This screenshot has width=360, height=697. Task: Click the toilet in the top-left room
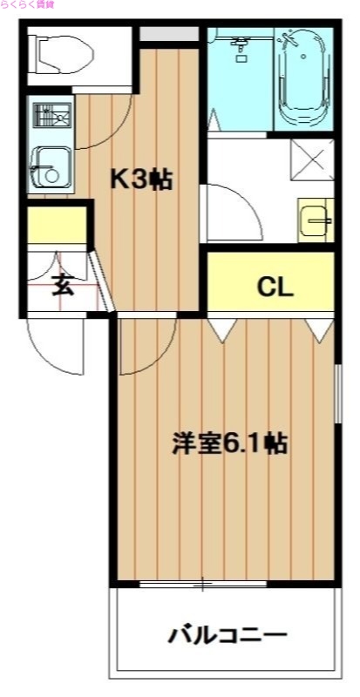pos(62,56)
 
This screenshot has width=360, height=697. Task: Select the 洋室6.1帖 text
pos(229,443)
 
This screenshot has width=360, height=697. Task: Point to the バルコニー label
pos(228,633)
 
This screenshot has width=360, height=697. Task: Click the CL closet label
pos(275,286)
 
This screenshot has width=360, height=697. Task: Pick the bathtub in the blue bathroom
pos(302,78)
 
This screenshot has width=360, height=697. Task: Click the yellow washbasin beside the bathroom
pos(316,220)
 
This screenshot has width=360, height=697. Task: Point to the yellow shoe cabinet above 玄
pos(56,226)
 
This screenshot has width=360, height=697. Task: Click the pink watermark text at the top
pos(26,5)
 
